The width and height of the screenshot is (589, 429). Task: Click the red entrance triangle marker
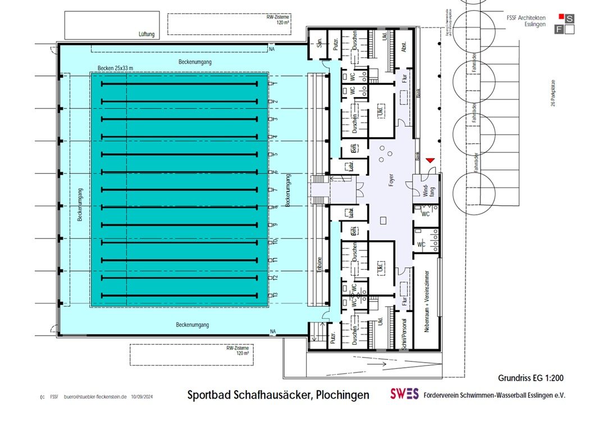[430, 162]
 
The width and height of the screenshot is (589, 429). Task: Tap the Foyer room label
[391, 188]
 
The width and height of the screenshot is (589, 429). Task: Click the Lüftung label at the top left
[147, 34]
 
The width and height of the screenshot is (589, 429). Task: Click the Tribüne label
[318, 265]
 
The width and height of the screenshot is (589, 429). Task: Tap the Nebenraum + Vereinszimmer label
[427, 307]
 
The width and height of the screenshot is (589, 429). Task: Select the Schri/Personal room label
[403, 335]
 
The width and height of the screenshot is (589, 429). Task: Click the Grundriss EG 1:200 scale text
[530, 378]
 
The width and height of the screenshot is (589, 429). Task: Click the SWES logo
[405, 395]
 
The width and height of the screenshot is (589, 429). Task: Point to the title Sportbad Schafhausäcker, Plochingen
[278, 395]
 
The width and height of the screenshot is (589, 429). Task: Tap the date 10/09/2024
[142, 397]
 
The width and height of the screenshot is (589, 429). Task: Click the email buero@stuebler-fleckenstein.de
[95, 397]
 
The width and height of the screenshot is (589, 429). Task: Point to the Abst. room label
[403, 48]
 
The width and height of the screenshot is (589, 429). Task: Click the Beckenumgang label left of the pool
[80, 205]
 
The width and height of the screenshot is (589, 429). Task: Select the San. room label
[319, 47]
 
